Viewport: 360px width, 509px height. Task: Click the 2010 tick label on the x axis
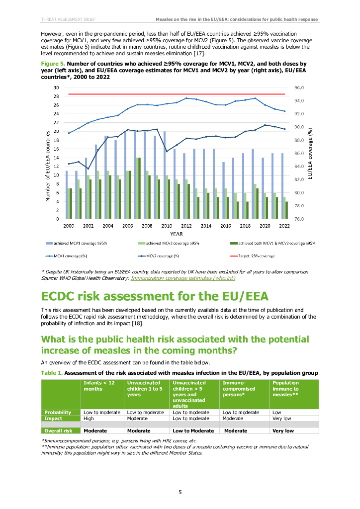(167, 225)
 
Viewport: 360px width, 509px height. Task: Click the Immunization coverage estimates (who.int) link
(182, 278)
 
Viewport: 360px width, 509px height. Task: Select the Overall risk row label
(58, 430)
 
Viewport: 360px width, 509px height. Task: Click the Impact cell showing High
(89, 419)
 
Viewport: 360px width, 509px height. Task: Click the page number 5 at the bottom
(180, 492)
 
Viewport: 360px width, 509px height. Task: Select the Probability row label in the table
(58, 412)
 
